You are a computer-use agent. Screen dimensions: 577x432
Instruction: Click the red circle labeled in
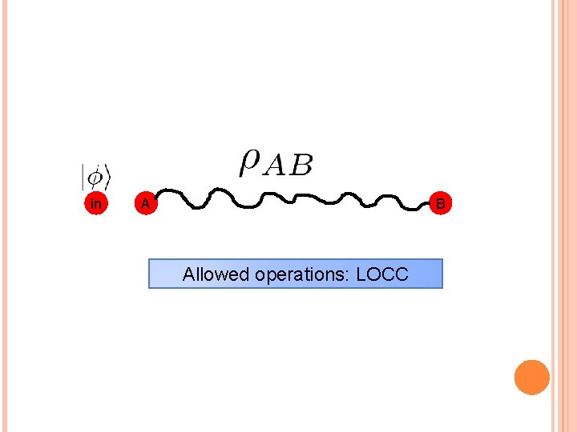[96, 204]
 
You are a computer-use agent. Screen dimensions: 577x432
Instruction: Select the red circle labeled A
[144, 204]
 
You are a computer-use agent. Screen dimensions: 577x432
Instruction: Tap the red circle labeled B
[440, 204]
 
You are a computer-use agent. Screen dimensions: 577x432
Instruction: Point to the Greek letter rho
[249, 162]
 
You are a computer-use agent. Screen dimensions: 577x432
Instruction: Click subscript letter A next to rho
[275, 166]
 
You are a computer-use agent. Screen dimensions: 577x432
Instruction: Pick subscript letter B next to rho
[301, 166]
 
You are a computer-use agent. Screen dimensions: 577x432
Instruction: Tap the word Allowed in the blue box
[216, 274]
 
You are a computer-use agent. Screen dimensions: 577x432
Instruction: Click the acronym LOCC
[381, 274]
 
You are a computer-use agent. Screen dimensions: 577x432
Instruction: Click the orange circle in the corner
[531, 377]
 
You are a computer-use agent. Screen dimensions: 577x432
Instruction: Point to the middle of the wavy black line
[293, 198]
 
